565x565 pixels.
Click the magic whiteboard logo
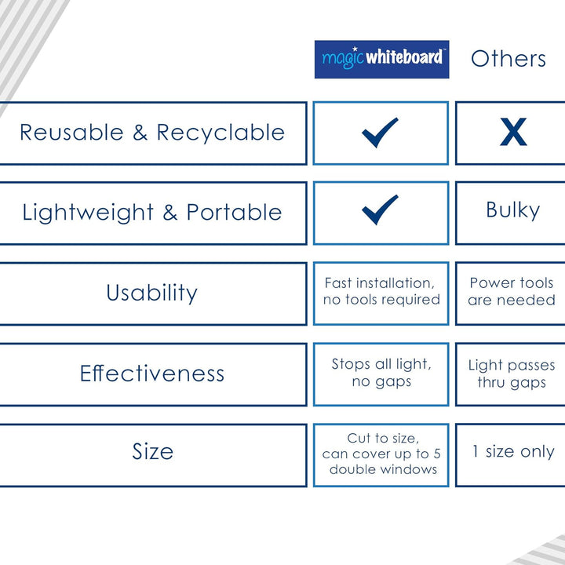point(381,59)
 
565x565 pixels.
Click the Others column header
point(508,59)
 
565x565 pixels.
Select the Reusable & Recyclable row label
point(152,133)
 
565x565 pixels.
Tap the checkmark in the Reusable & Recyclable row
point(380,133)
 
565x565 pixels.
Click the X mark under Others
point(513,132)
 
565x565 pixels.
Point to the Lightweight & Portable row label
point(152,212)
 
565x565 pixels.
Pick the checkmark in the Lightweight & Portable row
point(380,210)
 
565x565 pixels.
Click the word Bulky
point(513,210)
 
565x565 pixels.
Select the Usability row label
point(152,293)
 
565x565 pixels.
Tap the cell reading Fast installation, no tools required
point(381,293)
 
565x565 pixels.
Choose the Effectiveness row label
point(152,374)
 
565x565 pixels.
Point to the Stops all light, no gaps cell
point(381,374)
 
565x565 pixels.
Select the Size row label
point(152,451)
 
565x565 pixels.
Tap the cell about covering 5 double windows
point(381,455)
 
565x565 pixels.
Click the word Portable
point(234,212)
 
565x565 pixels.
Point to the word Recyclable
point(221,133)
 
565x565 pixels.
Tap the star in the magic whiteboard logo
point(355,49)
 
